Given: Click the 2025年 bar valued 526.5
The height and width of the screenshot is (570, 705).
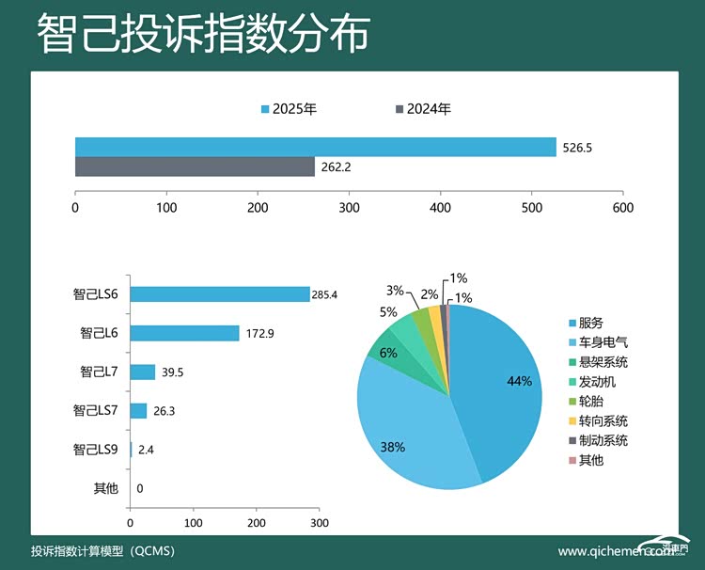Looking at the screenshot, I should point(315,148).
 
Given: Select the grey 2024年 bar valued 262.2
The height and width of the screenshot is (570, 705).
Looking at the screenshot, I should point(195,167).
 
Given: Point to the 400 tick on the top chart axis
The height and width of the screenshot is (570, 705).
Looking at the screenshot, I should point(440,207).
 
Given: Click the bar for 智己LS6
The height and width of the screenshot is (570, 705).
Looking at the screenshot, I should point(220,294).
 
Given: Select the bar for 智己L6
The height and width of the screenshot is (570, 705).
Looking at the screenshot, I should point(184,333).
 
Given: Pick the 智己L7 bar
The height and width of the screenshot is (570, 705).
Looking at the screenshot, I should point(143,372).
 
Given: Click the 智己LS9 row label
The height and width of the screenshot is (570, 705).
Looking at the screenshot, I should point(96,450).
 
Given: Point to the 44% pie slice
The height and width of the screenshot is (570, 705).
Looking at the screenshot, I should point(498,386).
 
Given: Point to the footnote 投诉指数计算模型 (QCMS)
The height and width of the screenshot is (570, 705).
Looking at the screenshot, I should point(103,550).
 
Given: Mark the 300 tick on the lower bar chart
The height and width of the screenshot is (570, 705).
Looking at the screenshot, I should point(319,522).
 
